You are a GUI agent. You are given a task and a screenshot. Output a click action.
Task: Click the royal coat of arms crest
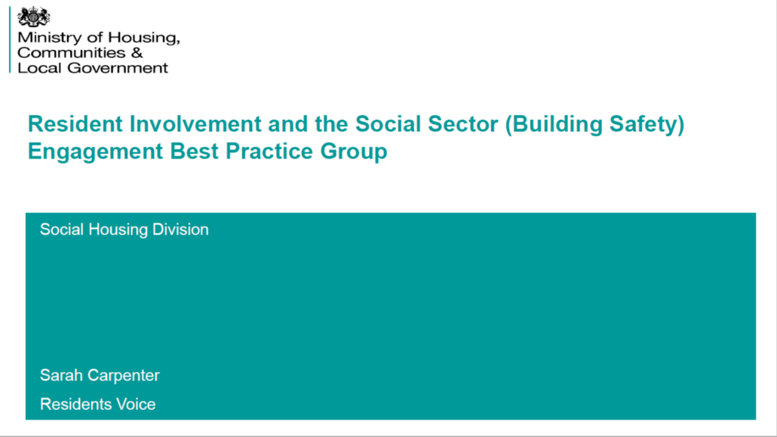33,17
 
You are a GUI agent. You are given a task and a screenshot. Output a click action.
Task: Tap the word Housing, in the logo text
143,38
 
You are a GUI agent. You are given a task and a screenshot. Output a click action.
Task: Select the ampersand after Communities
137,53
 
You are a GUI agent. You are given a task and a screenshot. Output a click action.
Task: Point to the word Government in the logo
118,67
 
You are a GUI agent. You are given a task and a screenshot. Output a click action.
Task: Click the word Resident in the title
75,124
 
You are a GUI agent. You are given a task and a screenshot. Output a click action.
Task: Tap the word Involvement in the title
195,124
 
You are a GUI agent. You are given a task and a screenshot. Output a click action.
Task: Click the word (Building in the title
554,125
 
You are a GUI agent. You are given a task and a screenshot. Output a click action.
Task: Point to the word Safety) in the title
646,125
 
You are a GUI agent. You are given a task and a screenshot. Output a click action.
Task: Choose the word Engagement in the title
95,151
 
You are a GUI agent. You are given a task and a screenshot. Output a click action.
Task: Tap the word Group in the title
354,151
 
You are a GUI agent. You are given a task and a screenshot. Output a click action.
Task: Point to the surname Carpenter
123,376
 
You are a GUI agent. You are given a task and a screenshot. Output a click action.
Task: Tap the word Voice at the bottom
135,404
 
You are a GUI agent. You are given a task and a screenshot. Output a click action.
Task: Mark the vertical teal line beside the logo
9,40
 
